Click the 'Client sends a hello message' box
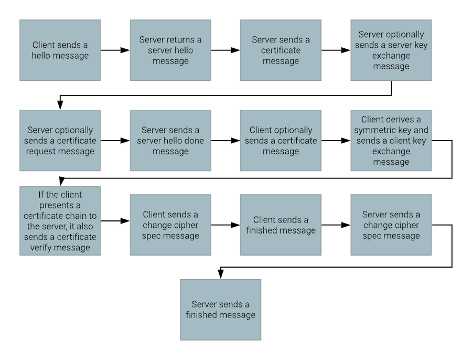coord(60,50)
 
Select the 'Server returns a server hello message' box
coord(170,50)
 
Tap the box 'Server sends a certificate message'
coord(281,50)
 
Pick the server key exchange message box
coord(391,50)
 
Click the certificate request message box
coord(60,141)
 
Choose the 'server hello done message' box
coord(170,141)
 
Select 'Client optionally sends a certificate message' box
coord(281,141)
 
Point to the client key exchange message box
coord(391,141)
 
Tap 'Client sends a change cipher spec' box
coord(170,225)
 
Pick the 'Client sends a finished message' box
coord(281,225)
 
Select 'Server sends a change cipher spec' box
coord(391,225)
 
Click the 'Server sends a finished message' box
coord(220,310)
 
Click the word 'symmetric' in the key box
coord(373,130)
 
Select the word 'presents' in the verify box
coord(60,205)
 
